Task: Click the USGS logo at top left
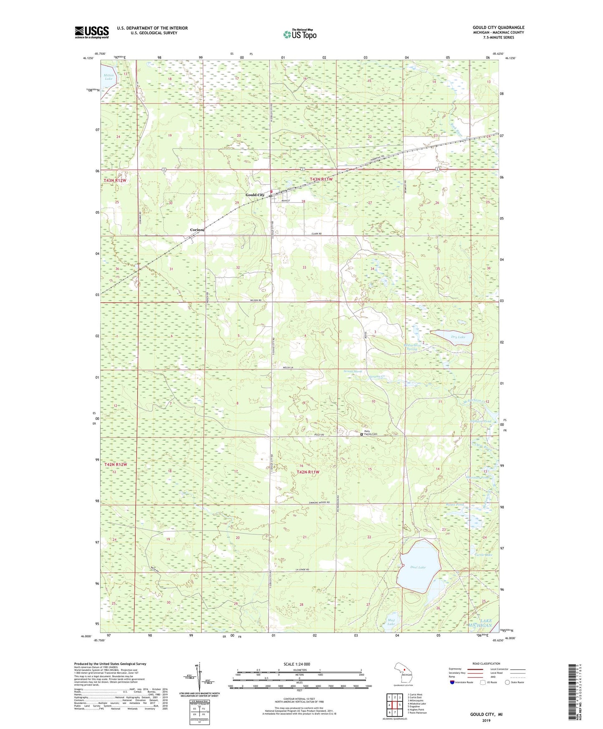(92, 32)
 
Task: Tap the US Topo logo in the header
(300, 34)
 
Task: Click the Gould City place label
(255, 195)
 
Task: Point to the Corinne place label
(197, 230)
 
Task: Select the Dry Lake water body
(452, 337)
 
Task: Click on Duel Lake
(419, 567)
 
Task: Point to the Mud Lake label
(391, 622)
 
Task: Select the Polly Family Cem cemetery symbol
(361, 434)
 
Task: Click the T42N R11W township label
(308, 472)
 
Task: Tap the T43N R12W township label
(115, 180)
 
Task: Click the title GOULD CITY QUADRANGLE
(498, 28)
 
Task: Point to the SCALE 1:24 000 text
(296, 664)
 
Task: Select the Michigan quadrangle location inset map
(403, 673)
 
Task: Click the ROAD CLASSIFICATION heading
(486, 663)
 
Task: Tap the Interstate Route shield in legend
(453, 682)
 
